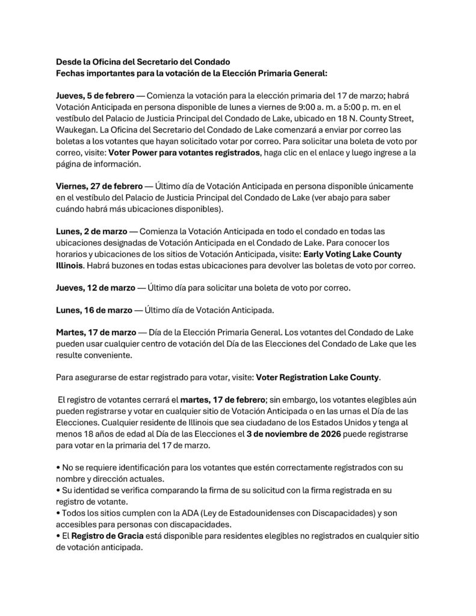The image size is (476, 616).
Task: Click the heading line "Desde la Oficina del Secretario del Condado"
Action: pyautogui.click(x=143, y=61)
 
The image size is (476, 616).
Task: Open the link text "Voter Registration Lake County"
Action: pyautogui.click(x=318, y=377)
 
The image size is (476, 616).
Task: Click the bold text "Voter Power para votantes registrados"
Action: pyautogui.click(x=184, y=153)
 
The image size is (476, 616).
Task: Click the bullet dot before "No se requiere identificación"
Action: pyautogui.click(x=58, y=467)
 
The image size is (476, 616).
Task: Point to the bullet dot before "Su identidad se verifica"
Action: pyautogui.click(x=58, y=490)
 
